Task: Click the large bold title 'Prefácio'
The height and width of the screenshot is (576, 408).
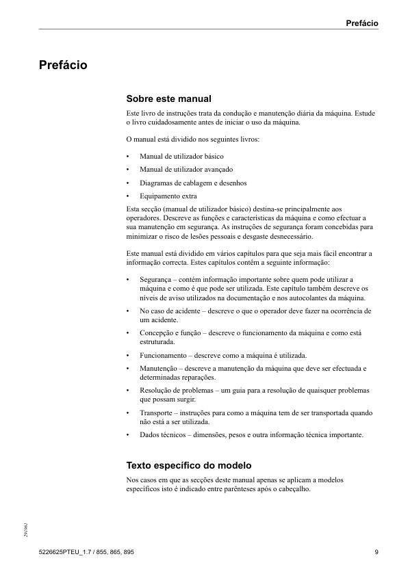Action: coord(62,66)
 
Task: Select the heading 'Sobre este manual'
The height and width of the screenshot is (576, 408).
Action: coord(168,99)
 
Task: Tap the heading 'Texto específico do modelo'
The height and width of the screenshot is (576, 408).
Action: coord(190,465)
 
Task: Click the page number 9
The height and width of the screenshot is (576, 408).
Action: coord(377,552)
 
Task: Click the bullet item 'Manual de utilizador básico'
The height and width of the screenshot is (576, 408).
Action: coord(181,156)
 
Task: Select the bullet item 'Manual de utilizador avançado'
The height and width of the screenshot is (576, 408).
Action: coord(186,169)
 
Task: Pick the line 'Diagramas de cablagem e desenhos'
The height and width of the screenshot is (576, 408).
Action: coord(193,183)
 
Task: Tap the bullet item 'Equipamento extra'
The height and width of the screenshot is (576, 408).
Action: coord(168,196)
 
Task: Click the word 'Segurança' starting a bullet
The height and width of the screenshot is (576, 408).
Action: coord(156,280)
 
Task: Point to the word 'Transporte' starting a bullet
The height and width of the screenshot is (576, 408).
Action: coord(157,413)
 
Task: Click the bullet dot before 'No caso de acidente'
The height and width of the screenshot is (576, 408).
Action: coord(129,311)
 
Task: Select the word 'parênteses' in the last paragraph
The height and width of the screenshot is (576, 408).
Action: coord(257,489)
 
